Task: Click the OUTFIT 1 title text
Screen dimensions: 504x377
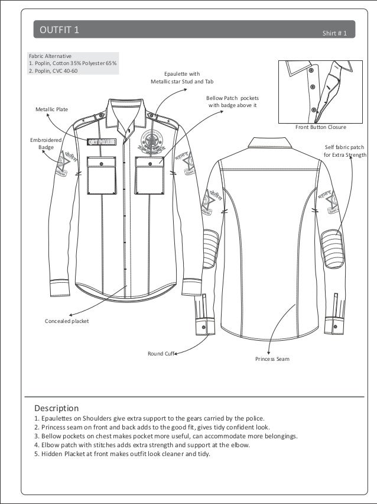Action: pyautogui.click(x=58, y=30)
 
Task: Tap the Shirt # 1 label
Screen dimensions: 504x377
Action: pyautogui.click(x=338, y=33)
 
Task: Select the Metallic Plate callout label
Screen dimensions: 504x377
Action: pyautogui.click(x=52, y=109)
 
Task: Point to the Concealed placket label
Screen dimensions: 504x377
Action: pyautogui.click(x=67, y=321)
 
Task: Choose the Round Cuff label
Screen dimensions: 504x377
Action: pyautogui.click(x=161, y=354)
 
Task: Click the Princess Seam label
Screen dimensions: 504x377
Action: pyautogui.click(x=272, y=359)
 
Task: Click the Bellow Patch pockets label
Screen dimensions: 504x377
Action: pyautogui.click(x=232, y=102)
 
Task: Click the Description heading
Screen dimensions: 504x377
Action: pyautogui.click(x=56, y=408)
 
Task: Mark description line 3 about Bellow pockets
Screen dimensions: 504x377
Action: pyautogui.click(x=166, y=436)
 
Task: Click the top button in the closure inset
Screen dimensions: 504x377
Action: pyautogui.click(x=311, y=70)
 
